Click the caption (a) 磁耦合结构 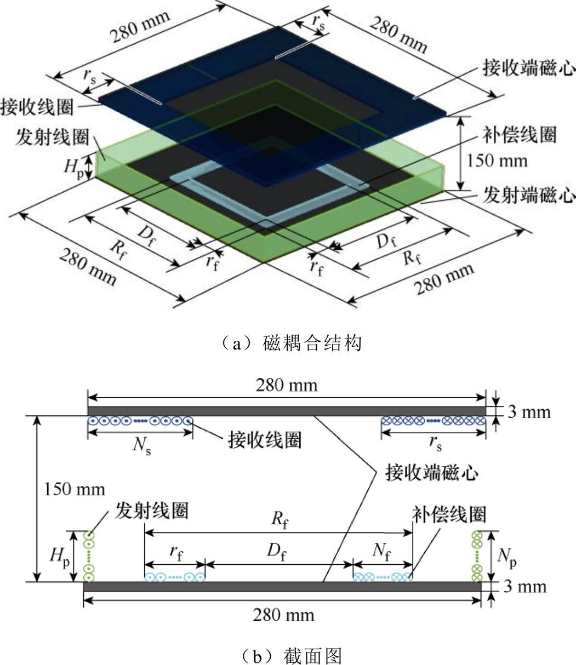[290, 343]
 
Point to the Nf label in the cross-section [382, 552]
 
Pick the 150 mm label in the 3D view [497, 161]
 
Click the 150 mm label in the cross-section [75, 490]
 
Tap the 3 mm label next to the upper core [529, 412]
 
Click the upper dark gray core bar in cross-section [287, 411]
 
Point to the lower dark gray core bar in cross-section [282, 587]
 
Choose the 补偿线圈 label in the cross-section [449, 514]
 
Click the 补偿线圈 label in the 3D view [520, 135]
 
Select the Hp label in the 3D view [74, 168]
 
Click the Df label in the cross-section [277, 552]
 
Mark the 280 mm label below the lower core [284, 615]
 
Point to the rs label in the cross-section [436, 444]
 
